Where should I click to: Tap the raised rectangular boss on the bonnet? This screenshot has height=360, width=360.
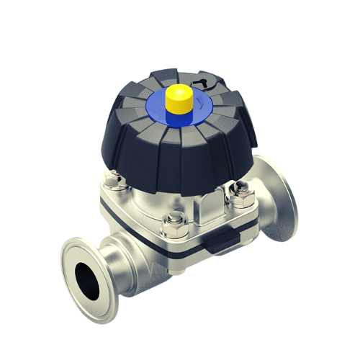point(206,210)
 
